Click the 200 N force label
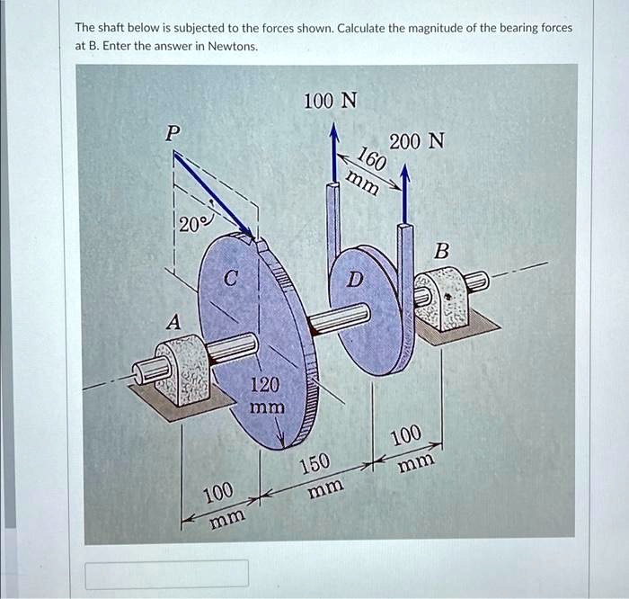tap(416, 142)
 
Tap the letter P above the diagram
tap(173, 132)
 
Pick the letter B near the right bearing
tap(439, 250)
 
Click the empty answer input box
tap(167, 573)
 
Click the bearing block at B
tap(446, 300)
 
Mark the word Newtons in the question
tap(232, 45)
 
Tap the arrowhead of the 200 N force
tap(405, 171)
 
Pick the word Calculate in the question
tap(365, 28)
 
